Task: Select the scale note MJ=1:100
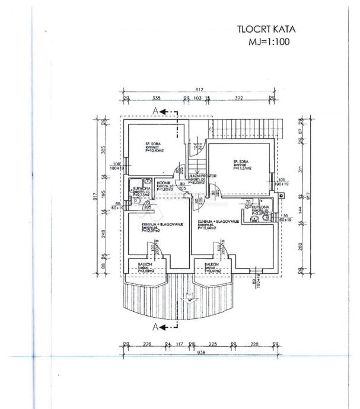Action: pyautogui.click(x=269, y=43)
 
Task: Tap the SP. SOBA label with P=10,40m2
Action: pyautogui.click(x=154, y=147)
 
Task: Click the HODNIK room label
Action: pyautogui.click(x=164, y=184)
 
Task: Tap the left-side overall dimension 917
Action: pyautogui.click(x=95, y=199)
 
